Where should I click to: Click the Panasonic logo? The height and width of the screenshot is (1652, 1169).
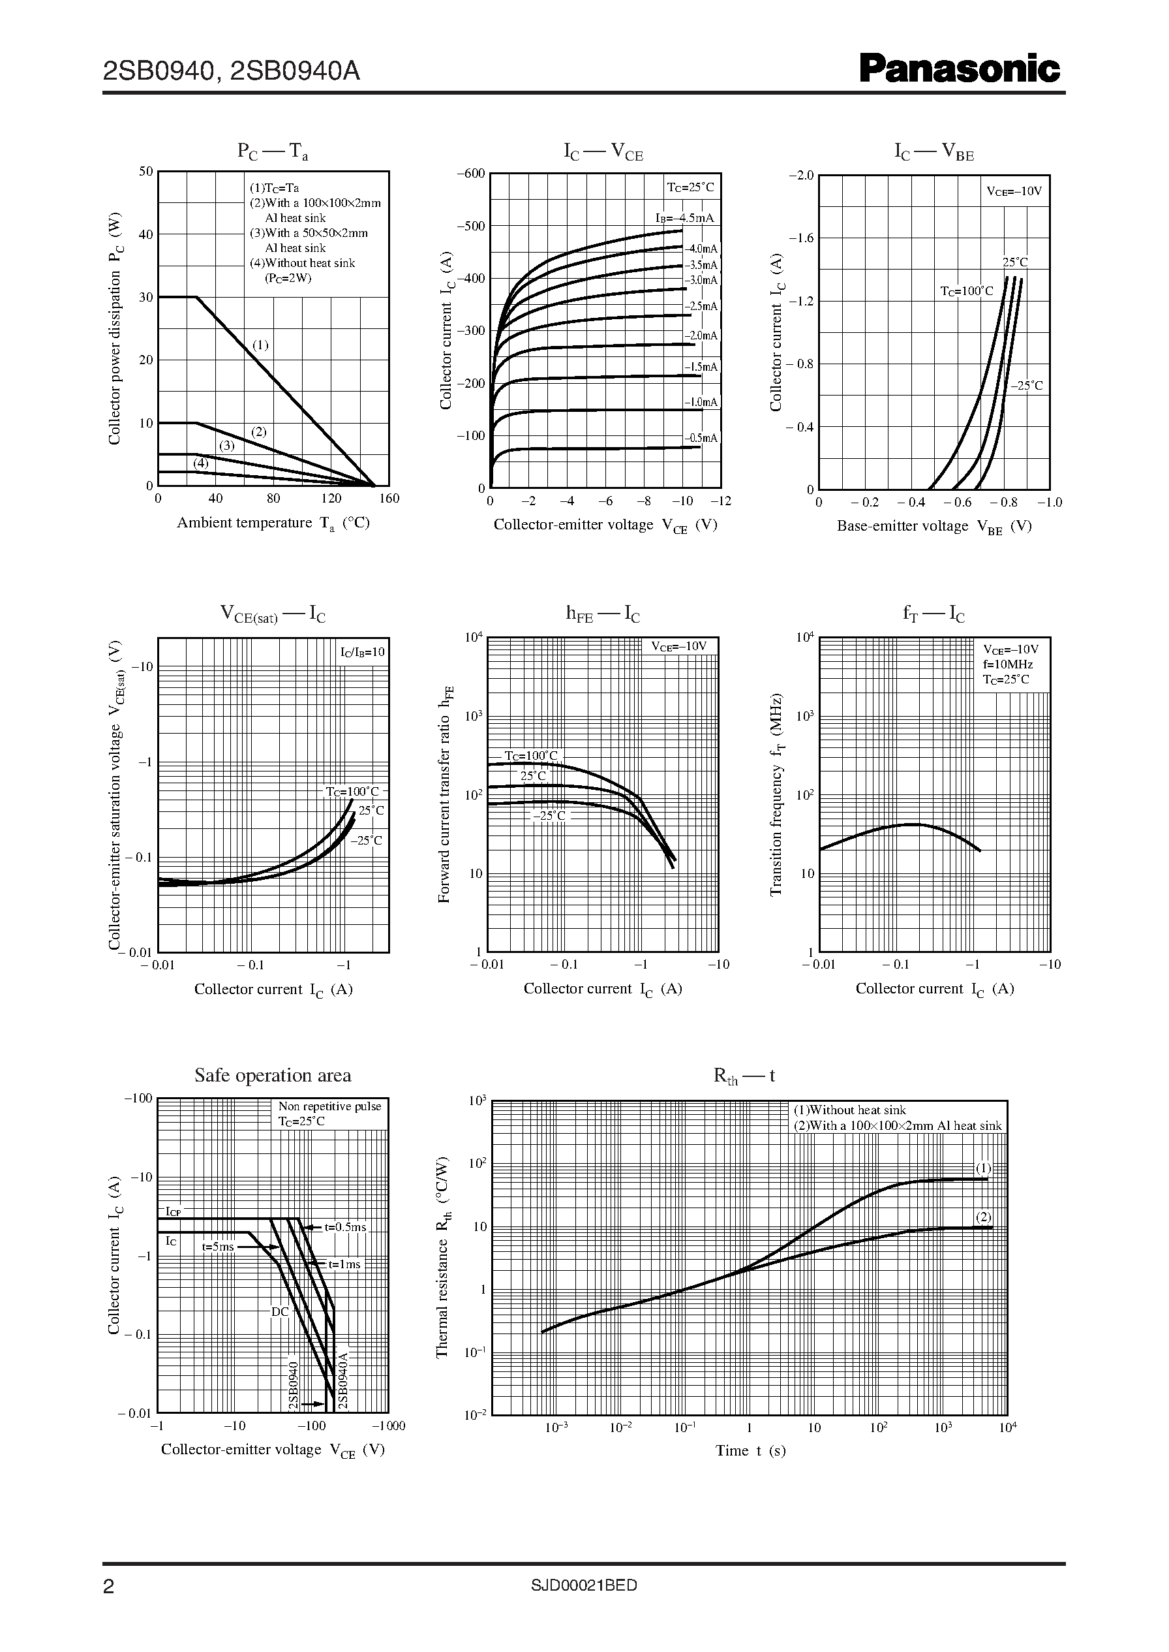tap(960, 69)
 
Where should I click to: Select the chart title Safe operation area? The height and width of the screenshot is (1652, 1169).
tap(273, 1075)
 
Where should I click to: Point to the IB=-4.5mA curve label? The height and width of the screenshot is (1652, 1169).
tap(684, 218)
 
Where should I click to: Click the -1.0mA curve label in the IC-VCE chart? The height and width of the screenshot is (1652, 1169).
tap(701, 403)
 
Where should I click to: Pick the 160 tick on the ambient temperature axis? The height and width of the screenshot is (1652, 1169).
tap(389, 498)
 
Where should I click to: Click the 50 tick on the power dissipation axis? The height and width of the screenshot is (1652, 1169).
tap(146, 172)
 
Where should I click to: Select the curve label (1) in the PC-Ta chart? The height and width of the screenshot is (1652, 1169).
tap(260, 345)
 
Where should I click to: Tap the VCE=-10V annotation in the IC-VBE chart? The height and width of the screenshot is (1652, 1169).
tap(1014, 191)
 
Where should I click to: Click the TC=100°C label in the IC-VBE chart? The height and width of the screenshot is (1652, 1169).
tap(966, 291)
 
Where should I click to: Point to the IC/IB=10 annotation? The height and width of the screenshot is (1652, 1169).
tap(363, 653)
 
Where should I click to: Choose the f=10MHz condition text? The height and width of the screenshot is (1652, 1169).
tap(1008, 664)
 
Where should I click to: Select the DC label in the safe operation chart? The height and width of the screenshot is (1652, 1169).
tap(280, 1312)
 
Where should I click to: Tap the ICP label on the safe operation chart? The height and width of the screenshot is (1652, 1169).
tap(174, 1211)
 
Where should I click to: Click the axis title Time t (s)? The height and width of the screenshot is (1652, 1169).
tap(750, 1450)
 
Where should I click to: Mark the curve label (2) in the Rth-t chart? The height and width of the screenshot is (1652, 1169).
tap(983, 1217)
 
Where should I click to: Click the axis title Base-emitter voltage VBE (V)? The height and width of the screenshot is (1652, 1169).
tap(934, 527)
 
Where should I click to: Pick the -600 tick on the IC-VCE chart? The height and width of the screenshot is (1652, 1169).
tap(471, 174)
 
